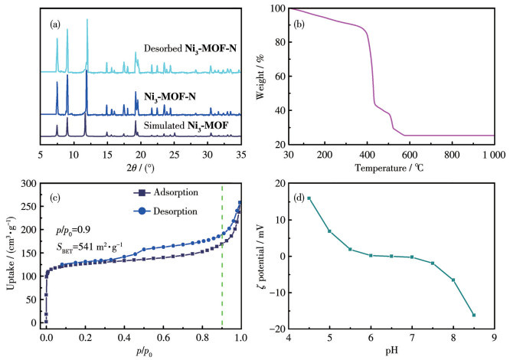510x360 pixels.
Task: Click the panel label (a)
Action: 55,24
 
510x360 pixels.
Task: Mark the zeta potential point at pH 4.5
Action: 309,198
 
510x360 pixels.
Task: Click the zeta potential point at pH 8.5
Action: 474,315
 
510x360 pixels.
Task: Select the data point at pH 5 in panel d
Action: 330,231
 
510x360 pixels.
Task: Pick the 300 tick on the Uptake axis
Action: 29,184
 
